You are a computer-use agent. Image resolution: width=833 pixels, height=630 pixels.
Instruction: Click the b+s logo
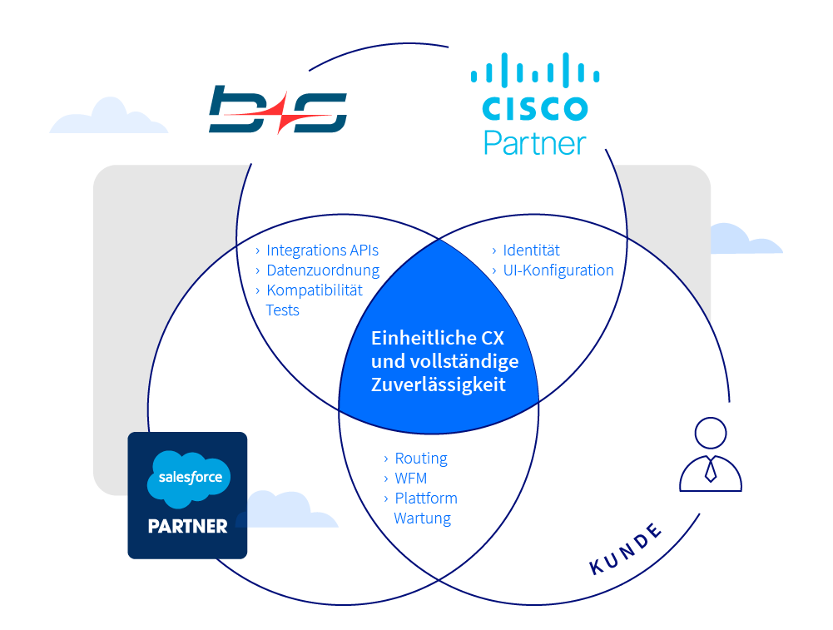[x=277, y=109]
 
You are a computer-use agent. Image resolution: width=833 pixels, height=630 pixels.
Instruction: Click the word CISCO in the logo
[x=535, y=108]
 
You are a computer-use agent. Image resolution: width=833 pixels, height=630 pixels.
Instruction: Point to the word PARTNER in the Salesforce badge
[x=187, y=526]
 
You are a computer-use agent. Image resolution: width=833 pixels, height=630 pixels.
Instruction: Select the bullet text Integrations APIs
[x=322, y=250]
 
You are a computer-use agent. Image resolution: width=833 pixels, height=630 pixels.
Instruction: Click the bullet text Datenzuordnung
[x=322, y=270]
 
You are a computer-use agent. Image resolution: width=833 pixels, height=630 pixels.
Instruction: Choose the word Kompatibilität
[x=315, y=290]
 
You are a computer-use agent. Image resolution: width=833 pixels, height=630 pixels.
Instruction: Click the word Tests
[x=282, y=310]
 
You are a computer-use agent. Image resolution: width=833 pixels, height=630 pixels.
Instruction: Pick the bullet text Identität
[x=531, y=250]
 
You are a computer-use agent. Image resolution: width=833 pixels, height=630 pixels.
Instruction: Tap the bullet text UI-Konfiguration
[x=558, y=270]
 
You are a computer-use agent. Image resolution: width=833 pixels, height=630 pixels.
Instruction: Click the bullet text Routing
[x=420, y=458]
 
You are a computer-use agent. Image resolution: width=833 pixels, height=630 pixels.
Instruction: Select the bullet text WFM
[x=410, y=478]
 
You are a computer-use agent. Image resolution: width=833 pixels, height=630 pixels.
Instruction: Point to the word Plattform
[x=425, y=498]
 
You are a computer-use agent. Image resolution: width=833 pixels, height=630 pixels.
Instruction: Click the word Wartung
[x=422, y=518]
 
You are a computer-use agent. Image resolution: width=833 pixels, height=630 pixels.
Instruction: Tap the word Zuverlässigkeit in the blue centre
[x=438, y=385]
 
